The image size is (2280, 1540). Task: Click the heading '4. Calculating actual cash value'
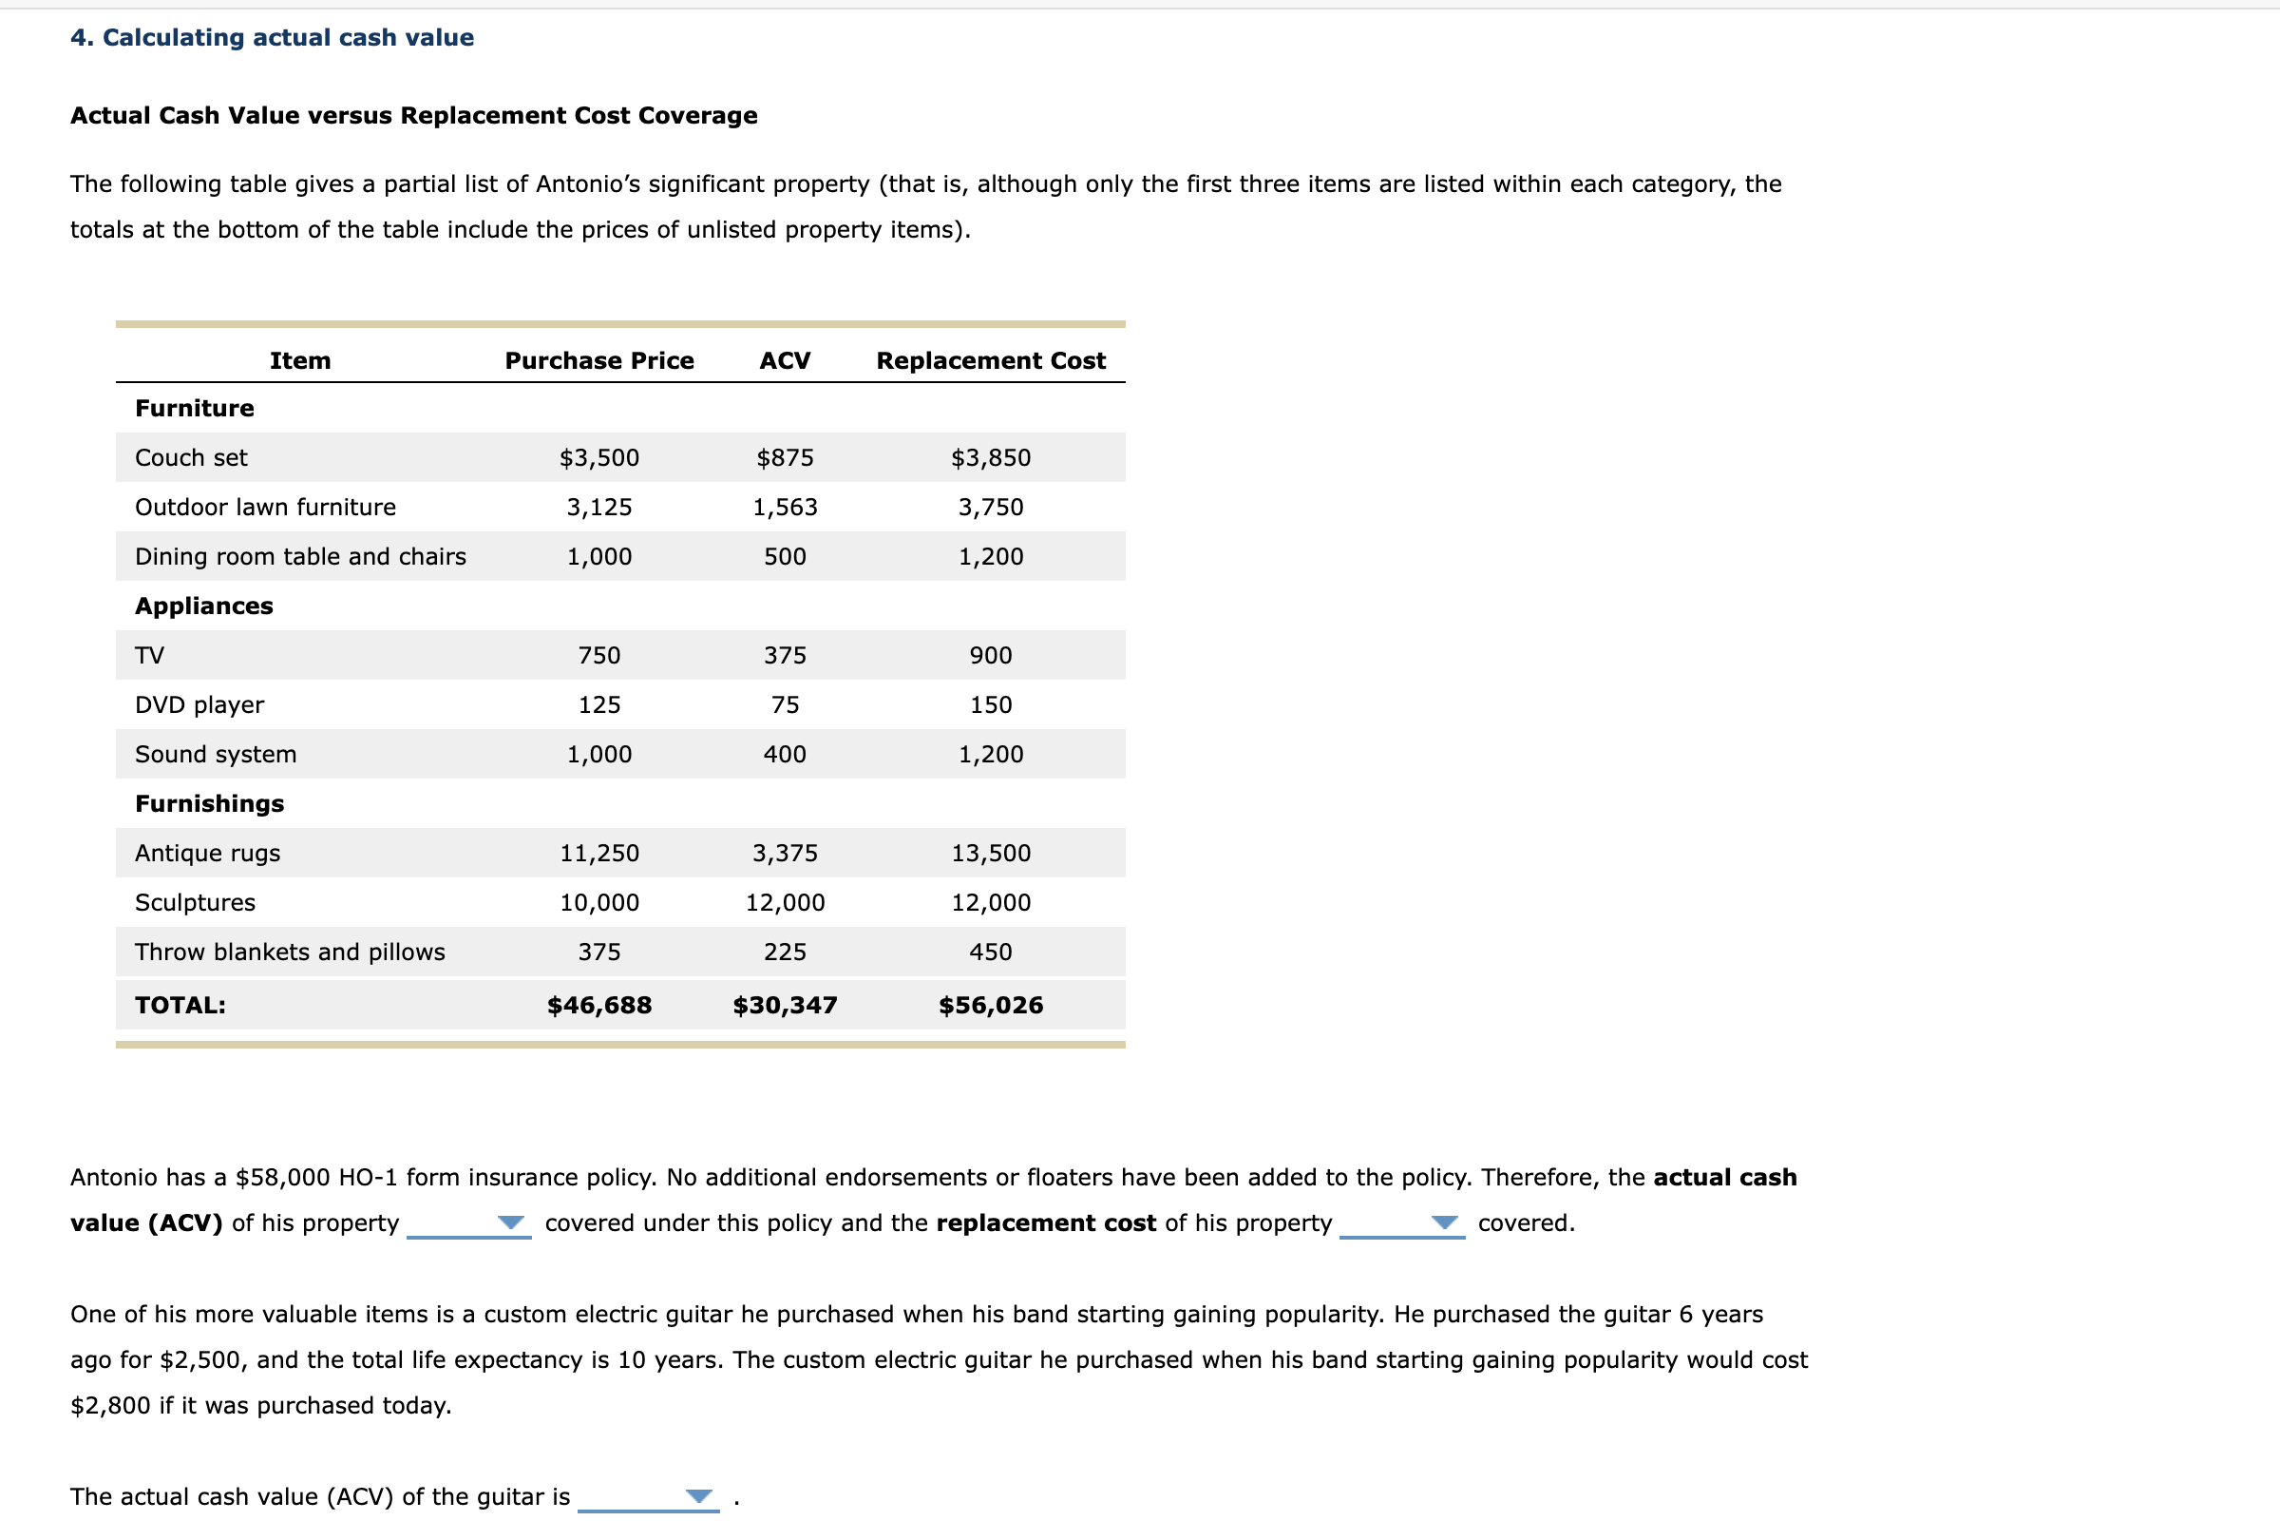(272, 37)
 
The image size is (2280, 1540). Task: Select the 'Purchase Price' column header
(598, 360)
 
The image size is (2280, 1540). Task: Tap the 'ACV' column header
(785, 360)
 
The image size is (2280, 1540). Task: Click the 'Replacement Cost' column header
(990, 360)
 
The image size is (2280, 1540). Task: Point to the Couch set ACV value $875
(785, 457)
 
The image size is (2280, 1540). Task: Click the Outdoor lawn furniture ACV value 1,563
(785, 507)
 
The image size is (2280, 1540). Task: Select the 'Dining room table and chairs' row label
(300, 556)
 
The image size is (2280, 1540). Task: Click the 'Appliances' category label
(204, 606)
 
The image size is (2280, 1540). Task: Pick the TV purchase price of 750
(598, 655)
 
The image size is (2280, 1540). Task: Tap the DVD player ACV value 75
(785, 704)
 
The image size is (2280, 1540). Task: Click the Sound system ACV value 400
(785, 754)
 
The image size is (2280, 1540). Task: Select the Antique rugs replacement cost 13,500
(990, 853)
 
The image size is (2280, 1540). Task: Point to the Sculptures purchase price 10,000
(598, 902)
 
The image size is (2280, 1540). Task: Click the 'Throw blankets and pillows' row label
(290, 953)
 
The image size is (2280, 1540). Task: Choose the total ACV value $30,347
(785, 1005)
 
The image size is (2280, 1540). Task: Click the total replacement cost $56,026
(990, 1005)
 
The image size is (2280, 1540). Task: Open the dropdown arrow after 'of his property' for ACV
(510, 1222)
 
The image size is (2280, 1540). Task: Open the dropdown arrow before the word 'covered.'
(1443, 1222)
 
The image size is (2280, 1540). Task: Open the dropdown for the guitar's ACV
(698, 1496)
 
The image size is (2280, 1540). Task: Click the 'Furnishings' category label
(209, 804)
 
